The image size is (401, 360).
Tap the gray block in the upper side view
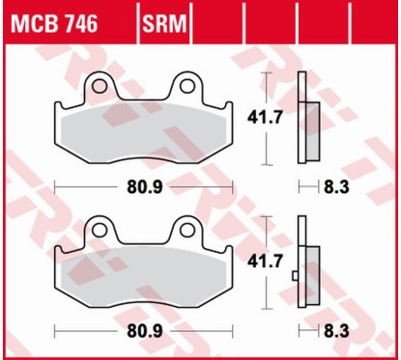(x=313, y=126)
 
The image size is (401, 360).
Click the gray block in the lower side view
(x=313, y=271)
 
